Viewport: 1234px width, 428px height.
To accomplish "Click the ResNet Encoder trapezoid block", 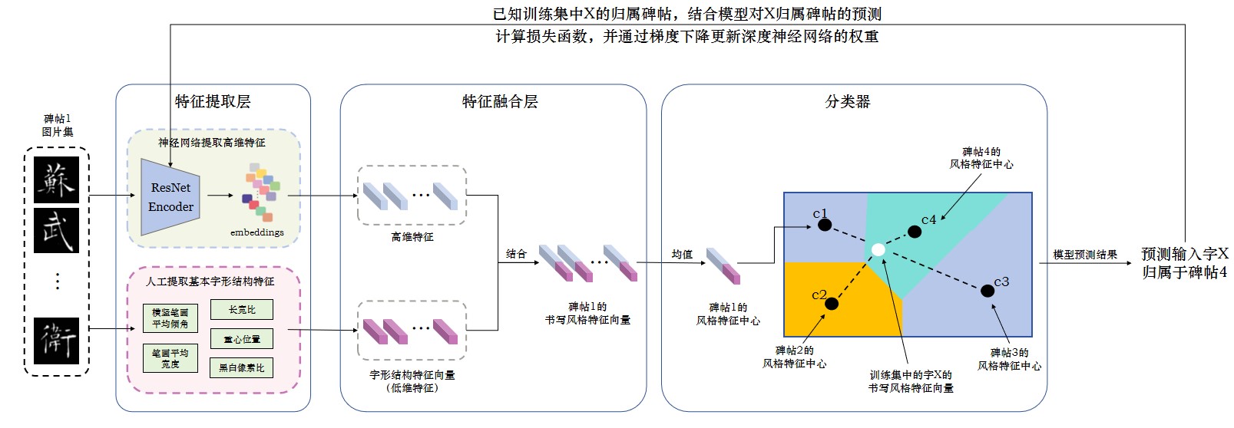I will (x=170, y=197).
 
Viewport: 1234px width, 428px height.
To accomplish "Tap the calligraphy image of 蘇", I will (x=57, y=180).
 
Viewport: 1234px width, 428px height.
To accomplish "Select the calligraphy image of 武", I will (x=57, y=230).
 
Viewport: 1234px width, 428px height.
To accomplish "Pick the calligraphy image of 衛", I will (x=57, y=341).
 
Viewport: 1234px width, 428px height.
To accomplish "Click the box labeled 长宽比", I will (x=242, y=310).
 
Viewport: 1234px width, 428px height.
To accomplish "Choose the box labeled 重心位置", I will (x=242, y=339).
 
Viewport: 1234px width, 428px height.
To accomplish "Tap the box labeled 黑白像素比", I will (x=242, y=368).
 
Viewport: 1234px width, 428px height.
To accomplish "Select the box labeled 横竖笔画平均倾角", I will (x=170, y=318).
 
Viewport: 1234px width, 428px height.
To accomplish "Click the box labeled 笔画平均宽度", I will (x=170, y=358).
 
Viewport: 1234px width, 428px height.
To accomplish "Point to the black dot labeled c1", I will (x=825, y=225).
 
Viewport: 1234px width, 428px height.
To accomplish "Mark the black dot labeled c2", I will (x=831, y=304).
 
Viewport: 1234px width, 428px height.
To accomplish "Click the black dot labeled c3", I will (x=988, y=291).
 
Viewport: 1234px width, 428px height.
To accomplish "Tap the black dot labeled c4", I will (x=915, y=232).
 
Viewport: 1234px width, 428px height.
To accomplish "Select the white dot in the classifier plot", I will (x=878, y=250).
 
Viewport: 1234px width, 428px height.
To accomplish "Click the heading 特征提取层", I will (x=213, y=101).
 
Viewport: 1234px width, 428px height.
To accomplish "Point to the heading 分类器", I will (x=848, y=101).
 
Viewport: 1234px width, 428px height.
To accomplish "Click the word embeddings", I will (x=257, y=232).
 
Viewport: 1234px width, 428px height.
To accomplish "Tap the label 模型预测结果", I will (x=1085, y=255).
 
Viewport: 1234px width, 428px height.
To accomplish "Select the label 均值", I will (x=682, y=254).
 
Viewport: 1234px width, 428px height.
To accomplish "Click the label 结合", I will (x=516, y=254).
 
